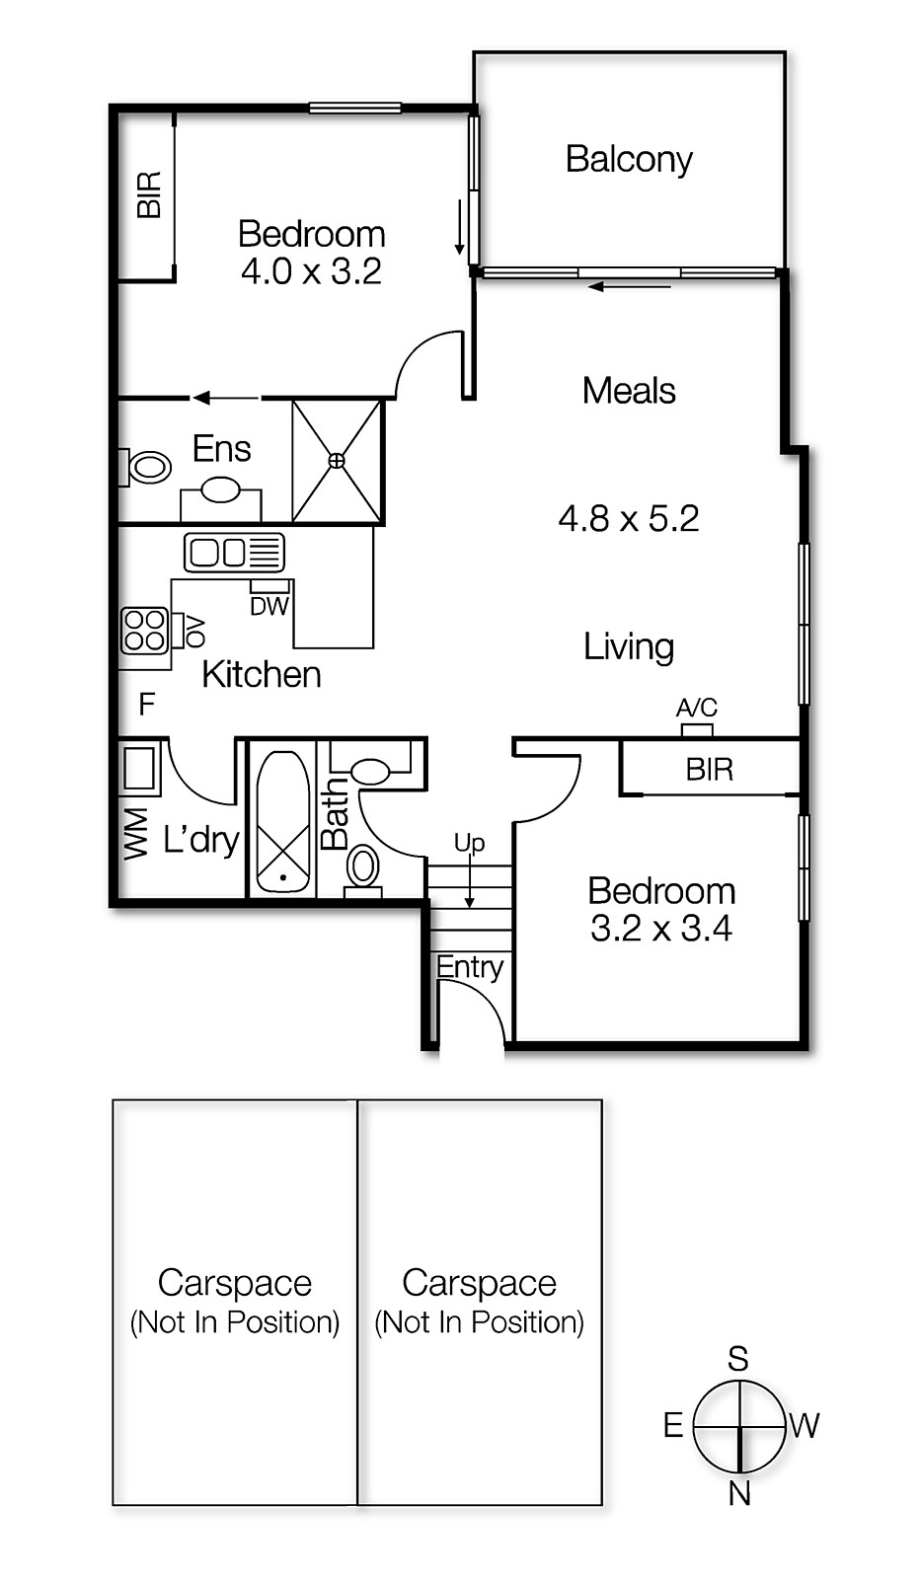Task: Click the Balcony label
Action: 629,159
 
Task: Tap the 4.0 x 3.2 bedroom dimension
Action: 311,271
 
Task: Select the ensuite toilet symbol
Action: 148,467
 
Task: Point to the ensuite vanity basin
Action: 220,489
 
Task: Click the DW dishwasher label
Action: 268,607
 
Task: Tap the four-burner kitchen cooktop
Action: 144,631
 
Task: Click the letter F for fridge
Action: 147,704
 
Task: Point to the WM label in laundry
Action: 136,834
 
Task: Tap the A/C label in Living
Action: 697,708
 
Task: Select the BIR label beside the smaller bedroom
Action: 710,770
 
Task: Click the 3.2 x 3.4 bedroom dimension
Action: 660,929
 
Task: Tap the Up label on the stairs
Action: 469,843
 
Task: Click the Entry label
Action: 470,967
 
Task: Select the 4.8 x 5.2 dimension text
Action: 629,518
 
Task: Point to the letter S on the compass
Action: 738,1359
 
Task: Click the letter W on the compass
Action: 805,1425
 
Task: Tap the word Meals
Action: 629,391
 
